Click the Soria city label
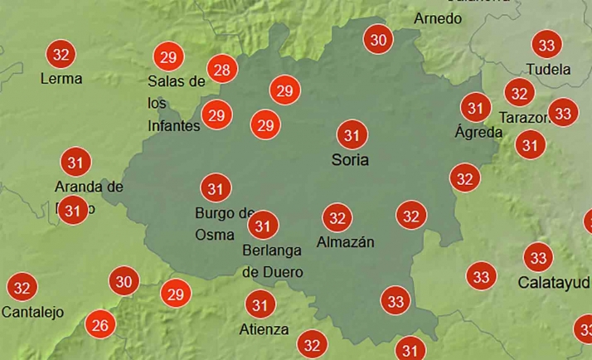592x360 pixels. click(349, 159)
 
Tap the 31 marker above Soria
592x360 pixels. click(352, 134)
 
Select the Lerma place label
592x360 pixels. click(61, 79)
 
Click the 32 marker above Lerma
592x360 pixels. click(61, 55)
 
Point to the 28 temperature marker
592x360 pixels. click(221, 70)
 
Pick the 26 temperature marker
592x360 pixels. click(100, 324)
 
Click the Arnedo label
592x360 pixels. click(438, 18)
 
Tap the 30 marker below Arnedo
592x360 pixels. click(379, 39)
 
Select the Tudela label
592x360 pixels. click(548, 70)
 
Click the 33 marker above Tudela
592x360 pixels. click(546, 45)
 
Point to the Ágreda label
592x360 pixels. click(478, 132)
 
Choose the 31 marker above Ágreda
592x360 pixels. click(475, 108)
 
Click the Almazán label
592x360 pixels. click(346, 242)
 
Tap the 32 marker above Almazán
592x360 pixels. click(337, 218)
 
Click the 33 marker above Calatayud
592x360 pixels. click(539, 257)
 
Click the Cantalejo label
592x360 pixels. click(33, 313)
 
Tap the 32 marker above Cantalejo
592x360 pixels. click(22, 289)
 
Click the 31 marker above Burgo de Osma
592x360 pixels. click(216, 188)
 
